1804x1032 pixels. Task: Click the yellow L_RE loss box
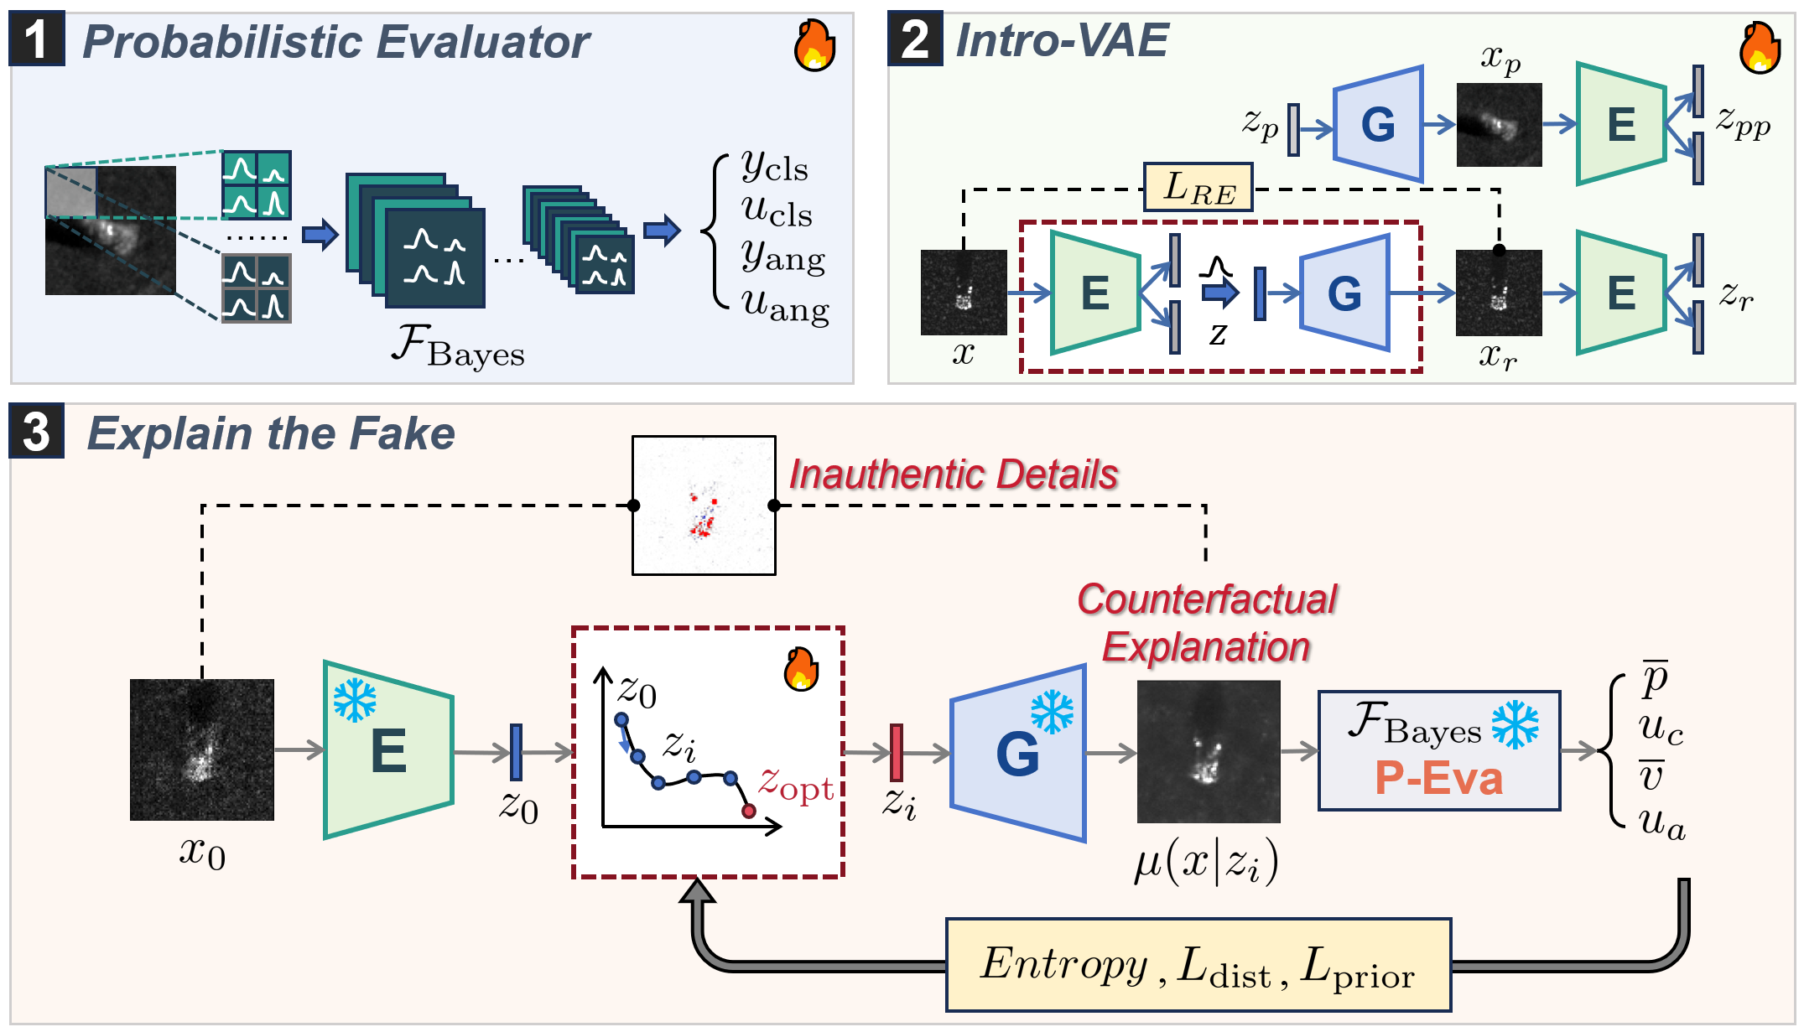tap(1198, 187)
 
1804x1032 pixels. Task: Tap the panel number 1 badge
tap(36, 39)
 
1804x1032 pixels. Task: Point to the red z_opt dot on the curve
tap(748, 811)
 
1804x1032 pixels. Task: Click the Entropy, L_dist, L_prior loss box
tap(1198, 965)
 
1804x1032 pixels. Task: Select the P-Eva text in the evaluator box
tap(1438, 778)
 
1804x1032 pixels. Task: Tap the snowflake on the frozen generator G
tap(1052, 712)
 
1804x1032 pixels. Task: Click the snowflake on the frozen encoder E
tap(355, 700)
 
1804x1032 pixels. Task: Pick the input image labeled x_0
tap(202, 749)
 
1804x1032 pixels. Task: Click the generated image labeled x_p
tap(1499, 124)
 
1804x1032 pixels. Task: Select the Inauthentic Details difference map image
tap(704, 506)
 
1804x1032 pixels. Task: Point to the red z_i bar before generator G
tap(896, 752)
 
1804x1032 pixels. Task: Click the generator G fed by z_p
tap(1378, 124)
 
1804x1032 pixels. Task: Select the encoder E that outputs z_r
tap(1619, 293)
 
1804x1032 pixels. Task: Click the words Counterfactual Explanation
tap(1206, 623)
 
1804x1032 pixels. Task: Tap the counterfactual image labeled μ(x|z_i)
tap(1208, 751)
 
